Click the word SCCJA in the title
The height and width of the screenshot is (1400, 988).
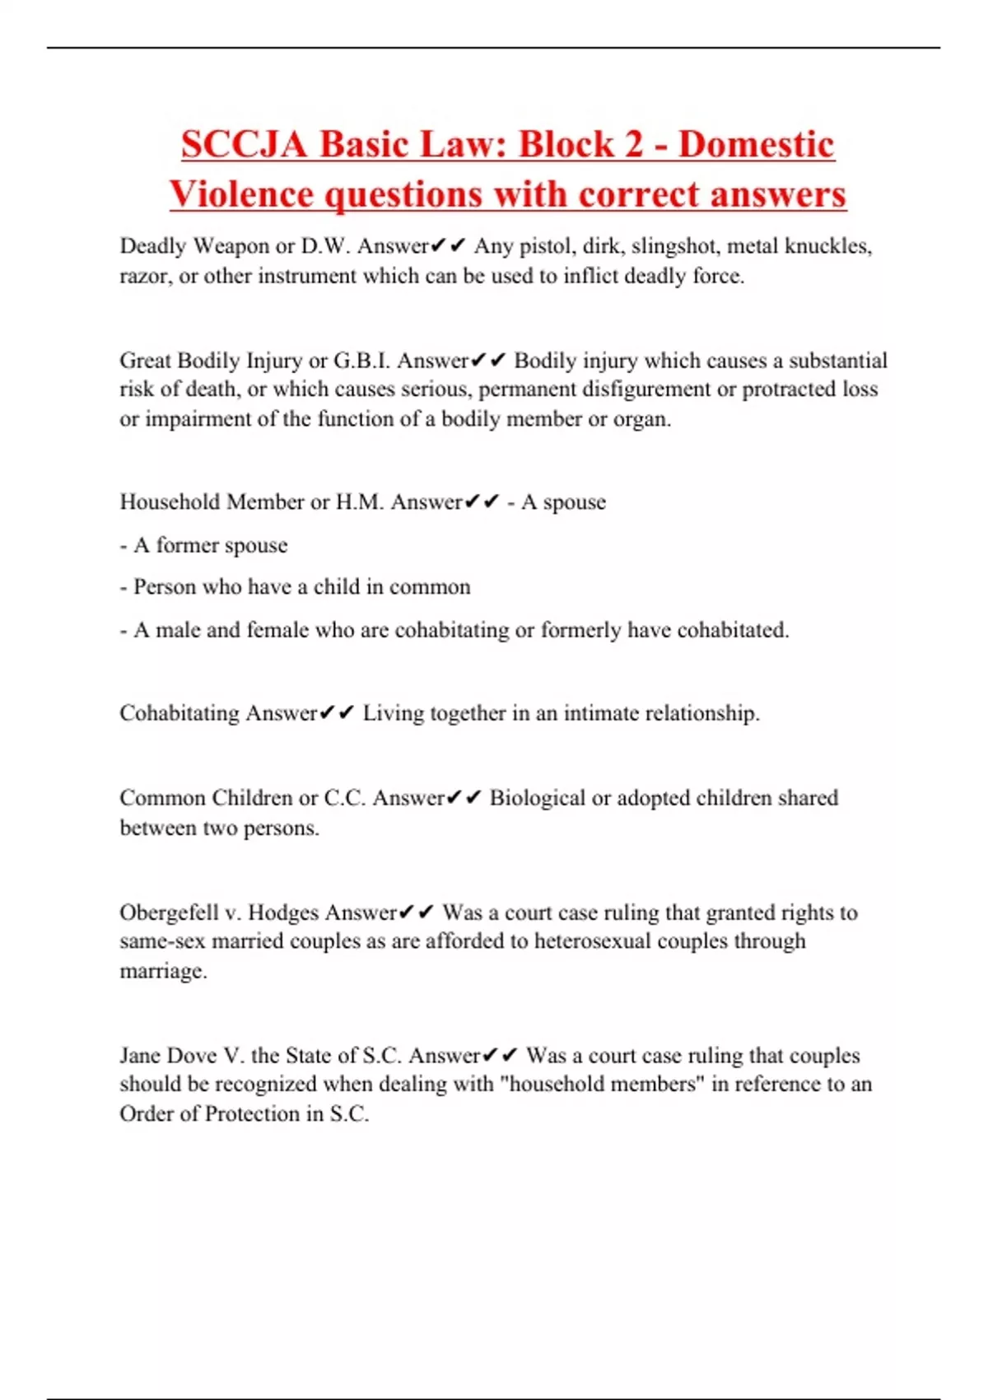click(245, 144)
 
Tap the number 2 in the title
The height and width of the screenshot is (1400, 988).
click(633, 144)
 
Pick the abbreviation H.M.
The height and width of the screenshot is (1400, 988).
click(359, 502)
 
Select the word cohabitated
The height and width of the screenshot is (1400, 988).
click(732, 630)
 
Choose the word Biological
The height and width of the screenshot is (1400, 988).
click(537, 798)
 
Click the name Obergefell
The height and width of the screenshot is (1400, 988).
click(166, 912)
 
